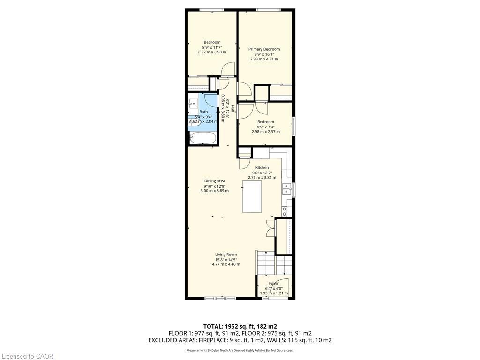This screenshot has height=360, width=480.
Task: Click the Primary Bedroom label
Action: [264, 49]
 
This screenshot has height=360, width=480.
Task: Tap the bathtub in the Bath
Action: [202, 138]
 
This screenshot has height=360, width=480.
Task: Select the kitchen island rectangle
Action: [252, 196]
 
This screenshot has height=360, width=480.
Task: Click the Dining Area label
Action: [214, 181]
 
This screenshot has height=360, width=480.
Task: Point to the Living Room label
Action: [226, 255]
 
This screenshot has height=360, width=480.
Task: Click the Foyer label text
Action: [274, 284]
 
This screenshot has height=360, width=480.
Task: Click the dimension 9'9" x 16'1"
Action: [264, 54]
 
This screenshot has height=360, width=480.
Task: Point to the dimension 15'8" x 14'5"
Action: [226, 260]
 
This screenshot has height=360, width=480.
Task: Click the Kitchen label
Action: [262, 167]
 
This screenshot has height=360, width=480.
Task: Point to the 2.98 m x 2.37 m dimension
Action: [266, 132]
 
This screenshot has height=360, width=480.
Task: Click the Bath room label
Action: [203, 112]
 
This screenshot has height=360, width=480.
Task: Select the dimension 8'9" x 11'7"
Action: [212, 47]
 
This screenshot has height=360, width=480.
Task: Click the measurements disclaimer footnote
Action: [240, 350]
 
